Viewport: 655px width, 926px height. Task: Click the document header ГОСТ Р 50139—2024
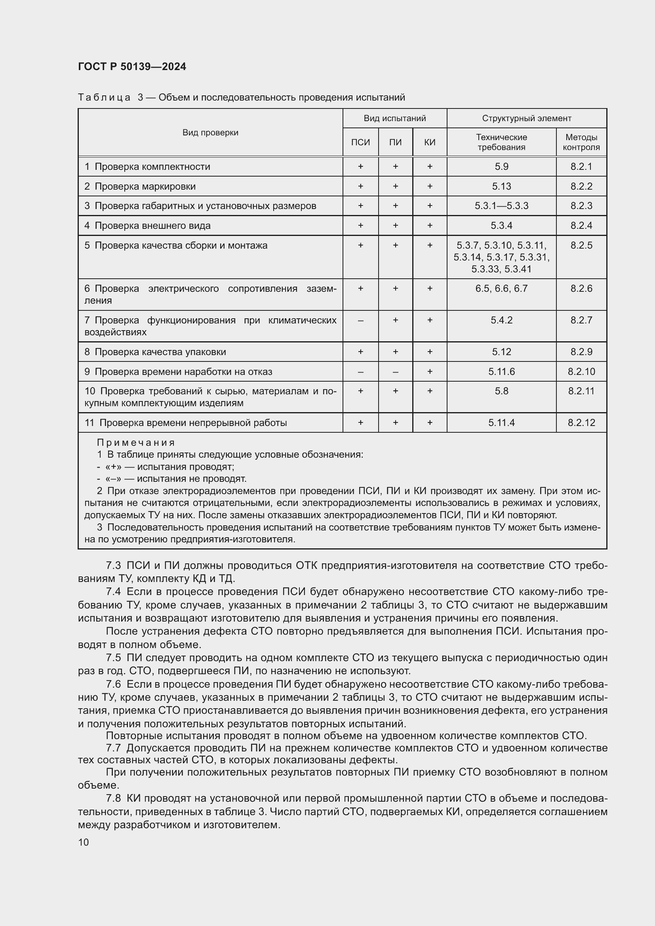(132, 67)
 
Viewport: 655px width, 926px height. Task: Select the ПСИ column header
(360, 142)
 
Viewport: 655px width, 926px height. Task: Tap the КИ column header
(430, 142)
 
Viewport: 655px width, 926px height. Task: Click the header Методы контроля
(581, 142)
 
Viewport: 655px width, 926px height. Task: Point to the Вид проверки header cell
(210, 132)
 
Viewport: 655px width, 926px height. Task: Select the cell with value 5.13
(501, 186)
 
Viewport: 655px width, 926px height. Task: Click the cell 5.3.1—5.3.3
(501, 206)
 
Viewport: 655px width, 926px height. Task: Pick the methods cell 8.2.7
(581, 320)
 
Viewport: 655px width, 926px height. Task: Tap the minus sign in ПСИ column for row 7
(360, 320)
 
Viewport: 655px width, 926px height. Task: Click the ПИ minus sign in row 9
(395, 371)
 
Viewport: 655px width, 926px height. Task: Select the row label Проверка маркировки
(145, 186)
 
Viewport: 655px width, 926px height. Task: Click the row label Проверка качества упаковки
(160, 352)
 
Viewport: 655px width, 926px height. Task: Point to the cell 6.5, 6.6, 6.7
(501, 288)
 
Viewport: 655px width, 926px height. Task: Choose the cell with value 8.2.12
(581, 423)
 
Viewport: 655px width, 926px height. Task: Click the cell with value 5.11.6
(501, 371)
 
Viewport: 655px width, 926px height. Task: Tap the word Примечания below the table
(136, 443)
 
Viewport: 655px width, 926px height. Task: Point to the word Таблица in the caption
(104, 98)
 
